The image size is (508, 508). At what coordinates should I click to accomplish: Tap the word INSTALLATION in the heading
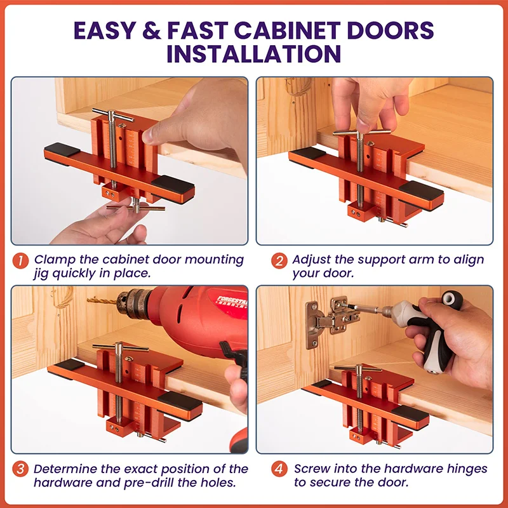[x=254, y=54]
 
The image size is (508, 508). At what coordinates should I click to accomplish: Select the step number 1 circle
[x=21, y=260]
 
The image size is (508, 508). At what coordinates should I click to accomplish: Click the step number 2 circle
[x=279, y=260]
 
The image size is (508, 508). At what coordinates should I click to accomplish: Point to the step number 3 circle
[x=21, y=470]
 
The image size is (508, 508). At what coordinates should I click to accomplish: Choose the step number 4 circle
[x=279, y=470]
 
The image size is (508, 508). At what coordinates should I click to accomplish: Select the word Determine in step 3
[x=68, y=469]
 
